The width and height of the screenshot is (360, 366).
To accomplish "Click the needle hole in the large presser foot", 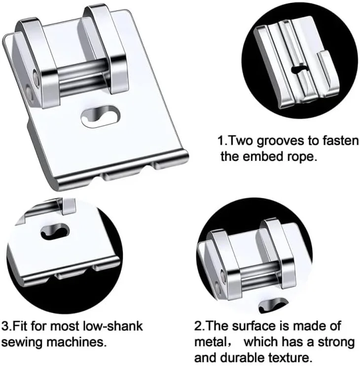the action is pos(100,116).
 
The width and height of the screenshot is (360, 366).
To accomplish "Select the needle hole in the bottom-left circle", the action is pos(55,231).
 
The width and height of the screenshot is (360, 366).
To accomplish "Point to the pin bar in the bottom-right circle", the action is pos(259,275).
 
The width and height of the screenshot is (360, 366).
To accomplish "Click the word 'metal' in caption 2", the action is pos(210,342).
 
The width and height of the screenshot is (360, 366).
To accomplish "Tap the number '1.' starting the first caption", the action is pos(221,141).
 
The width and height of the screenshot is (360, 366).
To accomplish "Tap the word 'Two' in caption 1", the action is pos(240,141).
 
